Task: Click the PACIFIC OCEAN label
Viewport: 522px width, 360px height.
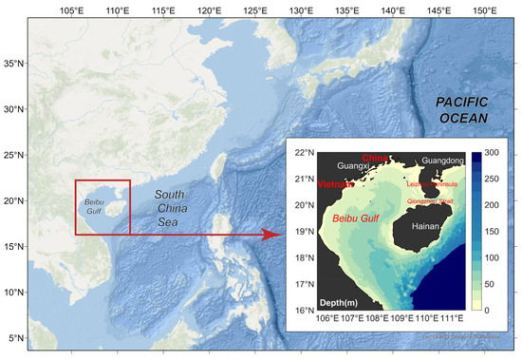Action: [462, 109]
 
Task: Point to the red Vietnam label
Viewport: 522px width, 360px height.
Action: [336, 184]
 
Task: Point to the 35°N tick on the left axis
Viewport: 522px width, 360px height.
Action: [12, 64]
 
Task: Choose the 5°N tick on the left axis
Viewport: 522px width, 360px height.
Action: [15, 338]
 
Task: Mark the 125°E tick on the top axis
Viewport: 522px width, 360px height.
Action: [254, 10]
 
